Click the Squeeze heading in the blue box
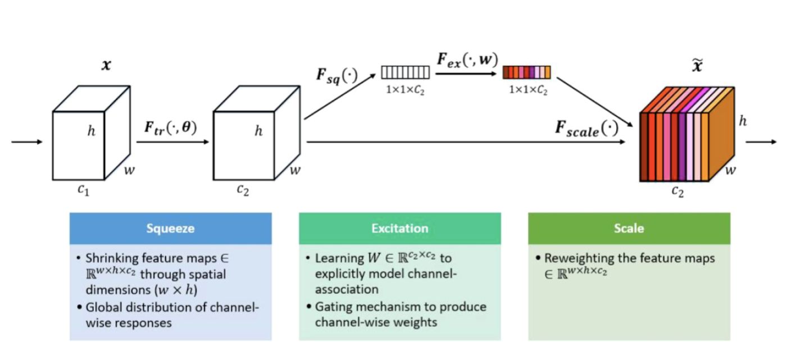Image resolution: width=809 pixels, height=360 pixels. point(170,228)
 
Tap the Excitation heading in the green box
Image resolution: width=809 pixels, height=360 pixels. point(400,228)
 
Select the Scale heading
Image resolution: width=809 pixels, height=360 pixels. point(629,228)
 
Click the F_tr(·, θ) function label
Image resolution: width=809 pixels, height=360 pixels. point(170,128)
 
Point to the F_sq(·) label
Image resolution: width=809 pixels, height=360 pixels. point(337,76)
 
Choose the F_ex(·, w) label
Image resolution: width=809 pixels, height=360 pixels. point(467,60)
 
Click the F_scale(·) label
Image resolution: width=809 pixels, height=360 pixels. point(587,129)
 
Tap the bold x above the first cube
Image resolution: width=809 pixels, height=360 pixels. point(106,65)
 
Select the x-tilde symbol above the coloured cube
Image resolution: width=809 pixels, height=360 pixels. point(697,65)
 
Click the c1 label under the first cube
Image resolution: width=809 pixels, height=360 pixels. point(83,190)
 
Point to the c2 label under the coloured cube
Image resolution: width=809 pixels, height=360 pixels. point(678,191)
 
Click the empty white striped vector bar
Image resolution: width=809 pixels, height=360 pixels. point(406,72)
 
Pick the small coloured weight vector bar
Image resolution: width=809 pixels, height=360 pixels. point(527,72)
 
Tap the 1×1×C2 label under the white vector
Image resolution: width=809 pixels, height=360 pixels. point(405,90)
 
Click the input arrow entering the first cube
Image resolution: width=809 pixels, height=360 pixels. point(27,142)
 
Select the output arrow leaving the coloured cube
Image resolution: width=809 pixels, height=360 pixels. point(761,142)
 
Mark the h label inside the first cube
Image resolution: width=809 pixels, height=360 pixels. point(92,131)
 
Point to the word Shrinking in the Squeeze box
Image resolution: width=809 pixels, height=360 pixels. point(112,258)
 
